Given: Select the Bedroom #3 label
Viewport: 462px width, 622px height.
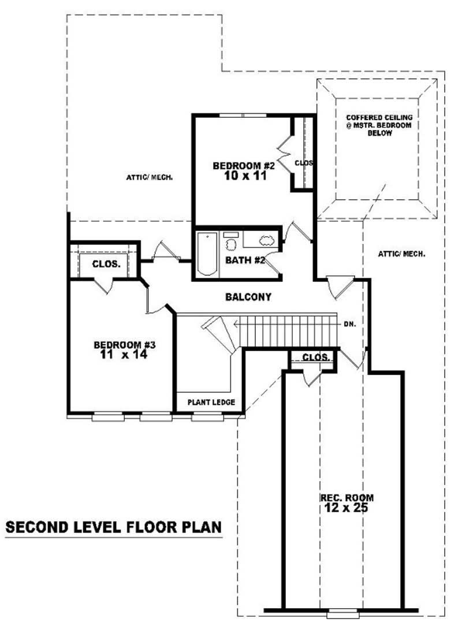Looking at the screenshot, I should pyautogui.click(x=125, y=345).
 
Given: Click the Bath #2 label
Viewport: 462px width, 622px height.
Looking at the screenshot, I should pyautogui.click(x=245, y=260).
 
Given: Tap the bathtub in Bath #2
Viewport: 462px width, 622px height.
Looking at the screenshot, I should pyautogui.click(x=205, y=254).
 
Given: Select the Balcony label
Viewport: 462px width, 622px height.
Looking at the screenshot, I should pyautogui.click(x=248, y=297).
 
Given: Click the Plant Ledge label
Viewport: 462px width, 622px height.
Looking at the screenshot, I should pyautogui.click(x=211, y=402).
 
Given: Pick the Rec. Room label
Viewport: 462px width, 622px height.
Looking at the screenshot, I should pyautogui.click(x=346, y=497).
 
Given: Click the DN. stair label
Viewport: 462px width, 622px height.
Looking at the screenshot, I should pyautogui.click(x=349, y=324).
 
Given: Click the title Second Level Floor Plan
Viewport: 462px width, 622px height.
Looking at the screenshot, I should pyautogui.click(x=113, y=527).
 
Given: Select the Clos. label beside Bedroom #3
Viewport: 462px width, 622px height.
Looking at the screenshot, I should pyautogui.click(x=106, y=264).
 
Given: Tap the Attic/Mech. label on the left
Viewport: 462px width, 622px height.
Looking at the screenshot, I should pyautogui.click(x=150, y=177).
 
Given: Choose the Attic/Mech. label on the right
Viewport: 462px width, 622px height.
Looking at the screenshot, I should pyautogui.click(x=401, y=254).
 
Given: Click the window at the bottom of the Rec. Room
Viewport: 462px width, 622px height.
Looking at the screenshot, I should pyautogui.click(x=342, y=610).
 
